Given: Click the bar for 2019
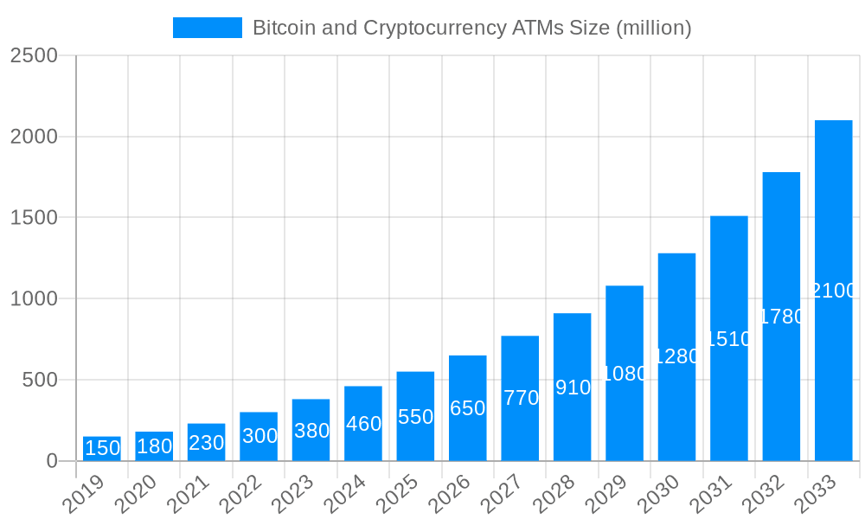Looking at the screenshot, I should [x=102, y=449].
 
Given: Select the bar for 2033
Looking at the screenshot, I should [x=833, y=291].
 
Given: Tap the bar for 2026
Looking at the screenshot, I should [x=467, y=408].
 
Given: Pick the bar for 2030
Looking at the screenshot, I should [x=676, y=356].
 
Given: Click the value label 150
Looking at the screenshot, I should [x=102, y=448].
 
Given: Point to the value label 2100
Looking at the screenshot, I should [x=833, y=291].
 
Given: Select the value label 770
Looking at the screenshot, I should [x=520, y=398].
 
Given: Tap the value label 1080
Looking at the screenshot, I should [x=625, y=374].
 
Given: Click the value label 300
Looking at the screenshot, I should [x=259, y=436].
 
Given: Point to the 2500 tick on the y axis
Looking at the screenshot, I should [x=34, y=55].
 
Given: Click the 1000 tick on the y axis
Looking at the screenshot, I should [x=34, y=299].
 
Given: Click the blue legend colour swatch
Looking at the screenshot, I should [x=208, y=28].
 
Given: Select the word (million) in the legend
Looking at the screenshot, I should [x=653, y=28].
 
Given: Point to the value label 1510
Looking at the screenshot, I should [x=728, y=338].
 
